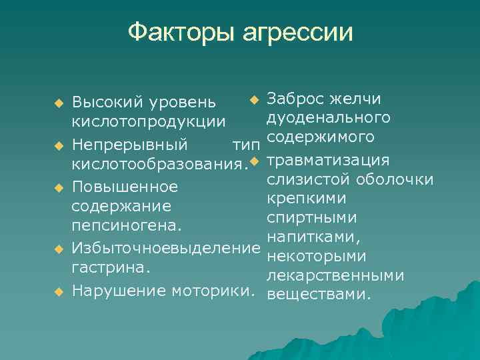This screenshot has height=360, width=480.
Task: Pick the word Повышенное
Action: (125, 186)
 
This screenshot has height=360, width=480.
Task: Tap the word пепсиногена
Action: (126, 226)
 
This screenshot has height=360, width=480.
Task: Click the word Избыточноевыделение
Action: (165, 249)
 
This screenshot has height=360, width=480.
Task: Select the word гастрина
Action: (110, 268)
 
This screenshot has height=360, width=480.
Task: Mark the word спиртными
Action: (311, 219)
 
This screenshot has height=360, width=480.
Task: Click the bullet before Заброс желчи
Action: (253, 100)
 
